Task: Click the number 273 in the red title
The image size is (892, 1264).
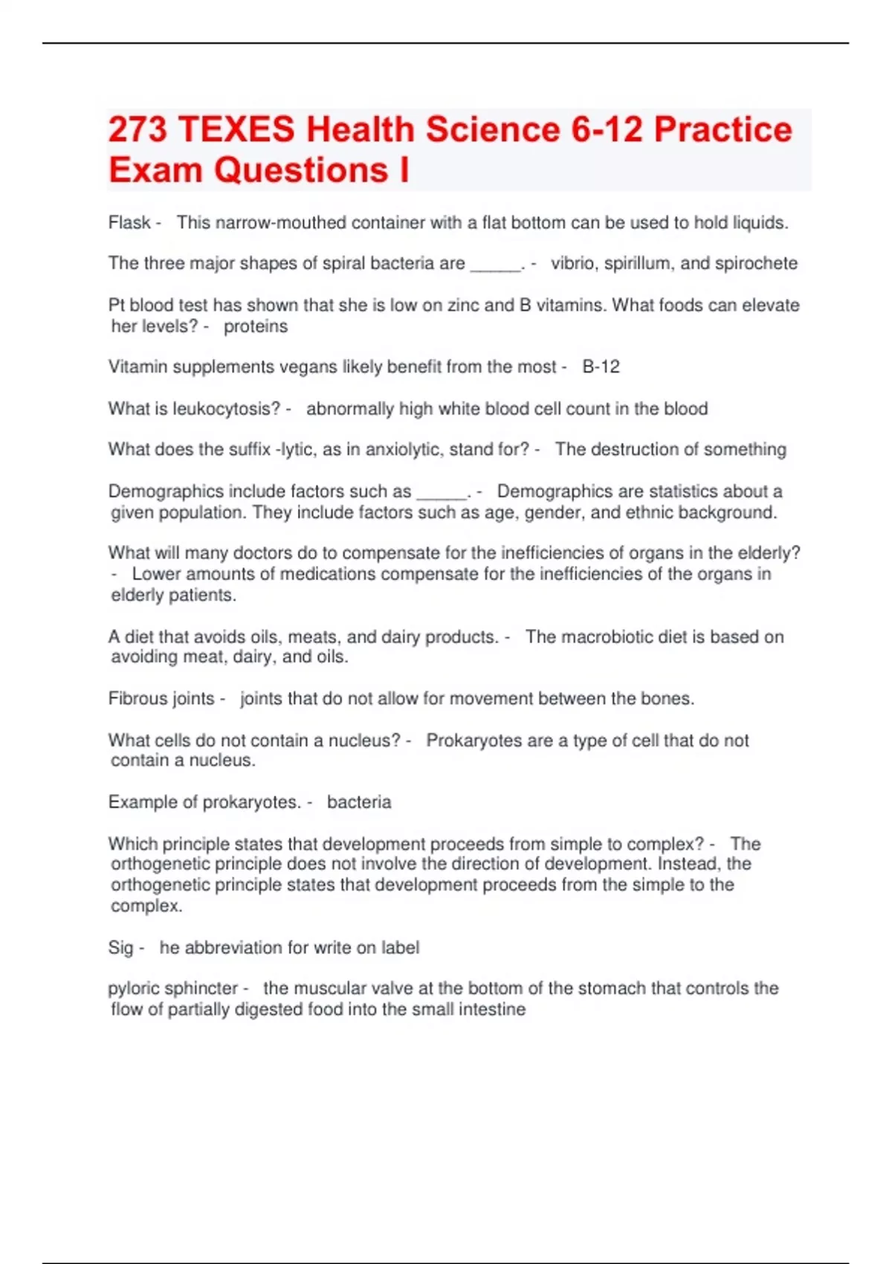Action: click(x=138, y=129)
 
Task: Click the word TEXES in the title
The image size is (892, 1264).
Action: click(x=236, y=129)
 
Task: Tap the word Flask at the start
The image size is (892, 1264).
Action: click(x=129, y=222)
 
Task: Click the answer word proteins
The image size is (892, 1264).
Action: click(x=256, y=326)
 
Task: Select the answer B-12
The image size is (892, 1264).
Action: click(x=601, y=367)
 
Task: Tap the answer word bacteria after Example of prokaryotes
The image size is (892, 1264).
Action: click(x=359, y=802)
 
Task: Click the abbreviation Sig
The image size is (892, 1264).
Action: click(x=120, y=948)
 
